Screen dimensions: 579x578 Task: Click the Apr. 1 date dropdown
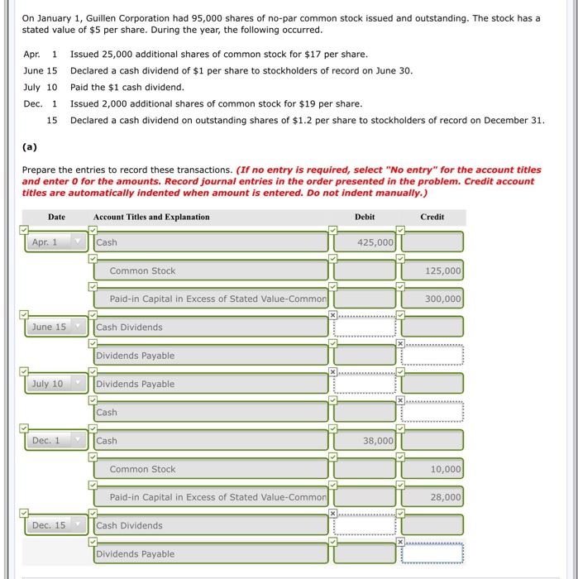(x=55, y=242)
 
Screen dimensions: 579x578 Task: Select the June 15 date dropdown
(x=55, y=328)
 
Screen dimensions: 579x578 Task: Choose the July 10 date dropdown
(x=55, y=384)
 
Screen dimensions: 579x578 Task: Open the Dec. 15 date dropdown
(x=55, y=525)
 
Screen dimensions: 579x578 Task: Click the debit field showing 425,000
(x=364, y=242)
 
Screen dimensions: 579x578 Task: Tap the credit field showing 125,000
(x=432, y=270)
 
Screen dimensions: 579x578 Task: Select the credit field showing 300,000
(x=432, y=299)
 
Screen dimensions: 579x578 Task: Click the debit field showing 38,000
(x=364, y=441)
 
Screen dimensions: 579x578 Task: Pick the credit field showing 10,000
(x=432, y=469)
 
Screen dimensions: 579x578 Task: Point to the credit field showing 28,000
(x=432, y=497)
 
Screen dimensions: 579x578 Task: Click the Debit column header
(x=365, y=217)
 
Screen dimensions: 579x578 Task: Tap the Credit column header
(x=432, y=217)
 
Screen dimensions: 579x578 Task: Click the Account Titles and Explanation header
(x=151, y=217)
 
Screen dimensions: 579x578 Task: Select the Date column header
(x=56, y=217)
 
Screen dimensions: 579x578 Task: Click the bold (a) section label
(x=30, y=147)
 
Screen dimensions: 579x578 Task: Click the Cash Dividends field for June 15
(x=211, y=328)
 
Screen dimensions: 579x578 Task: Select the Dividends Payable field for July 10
(x=211, y=384)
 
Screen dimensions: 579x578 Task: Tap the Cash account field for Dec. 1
(x=211, y=441)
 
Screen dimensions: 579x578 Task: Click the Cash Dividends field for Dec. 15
(x=211, y=525)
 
